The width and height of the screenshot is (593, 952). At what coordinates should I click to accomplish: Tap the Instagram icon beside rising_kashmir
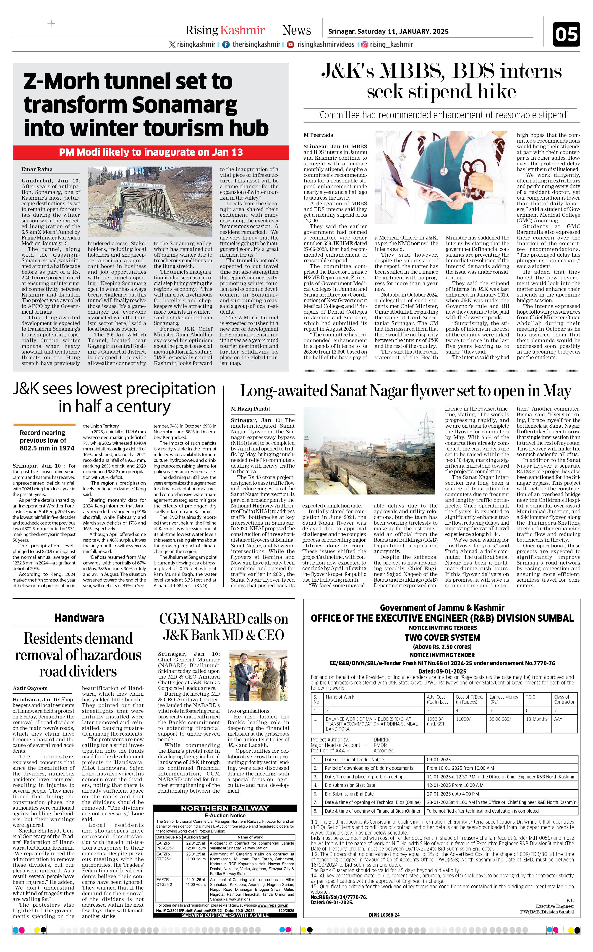[x=364, y=45]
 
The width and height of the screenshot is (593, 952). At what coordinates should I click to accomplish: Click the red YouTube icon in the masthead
[x=291, y=45]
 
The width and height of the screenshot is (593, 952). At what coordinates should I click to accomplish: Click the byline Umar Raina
[x=37, y=169]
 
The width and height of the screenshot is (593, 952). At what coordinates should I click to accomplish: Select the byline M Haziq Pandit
[x=250, y=409]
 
